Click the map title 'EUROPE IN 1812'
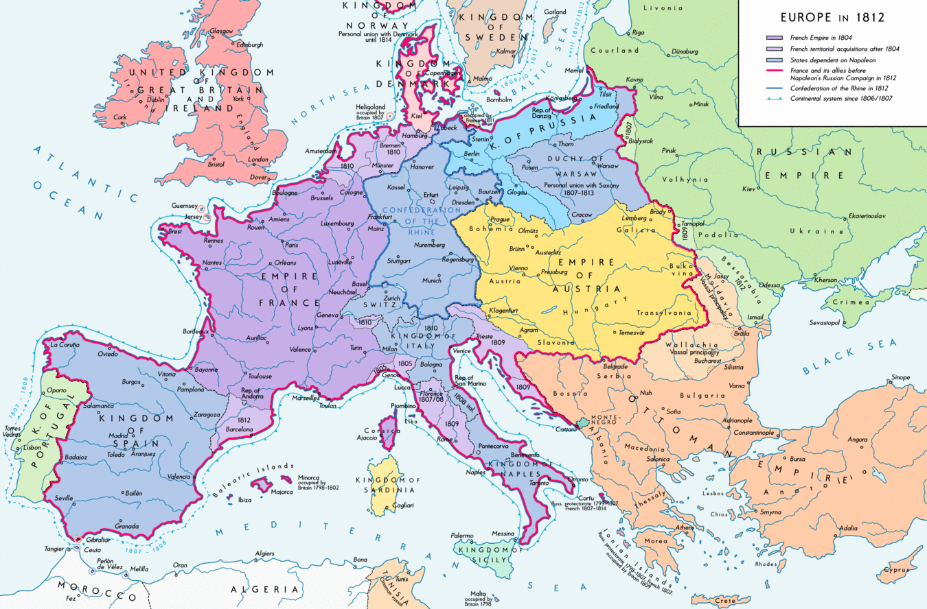click(831, 18)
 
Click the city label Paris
click(292, 245)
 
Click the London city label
click(258, 160)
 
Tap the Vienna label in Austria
click(518, 268)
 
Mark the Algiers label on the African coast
click(264, 553)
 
